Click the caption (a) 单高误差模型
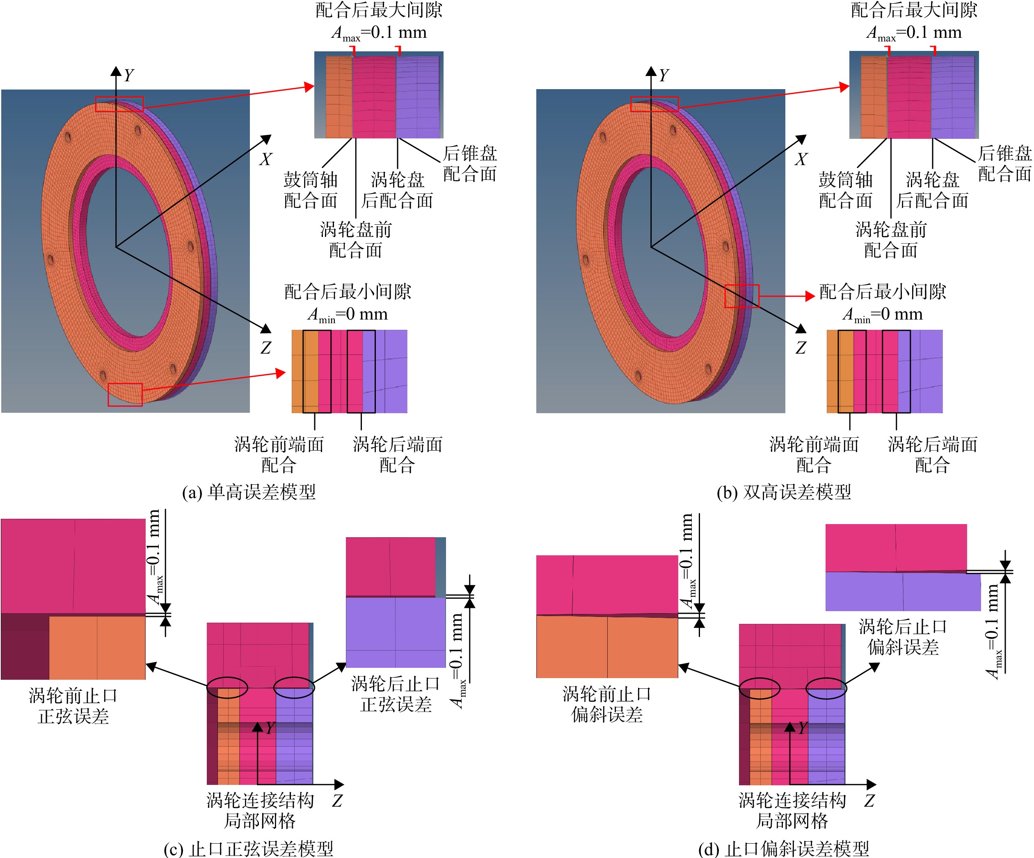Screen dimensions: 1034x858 point(249,492)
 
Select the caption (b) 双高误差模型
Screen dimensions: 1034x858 point(784,492)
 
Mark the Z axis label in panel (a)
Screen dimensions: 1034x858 point(266,347)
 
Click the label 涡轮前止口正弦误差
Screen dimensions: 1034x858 point(73,706)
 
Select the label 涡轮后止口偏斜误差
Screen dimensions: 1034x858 point(903,637)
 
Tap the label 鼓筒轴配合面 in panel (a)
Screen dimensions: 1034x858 point(311,190)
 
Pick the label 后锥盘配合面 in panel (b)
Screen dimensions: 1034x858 point(1004,163)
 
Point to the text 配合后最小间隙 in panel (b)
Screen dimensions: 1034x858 point(882,291)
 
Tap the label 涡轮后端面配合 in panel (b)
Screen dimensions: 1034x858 point(933,454)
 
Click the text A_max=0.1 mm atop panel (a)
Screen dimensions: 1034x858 point(379,33)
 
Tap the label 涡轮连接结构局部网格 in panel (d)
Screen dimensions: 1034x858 point(792,810)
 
